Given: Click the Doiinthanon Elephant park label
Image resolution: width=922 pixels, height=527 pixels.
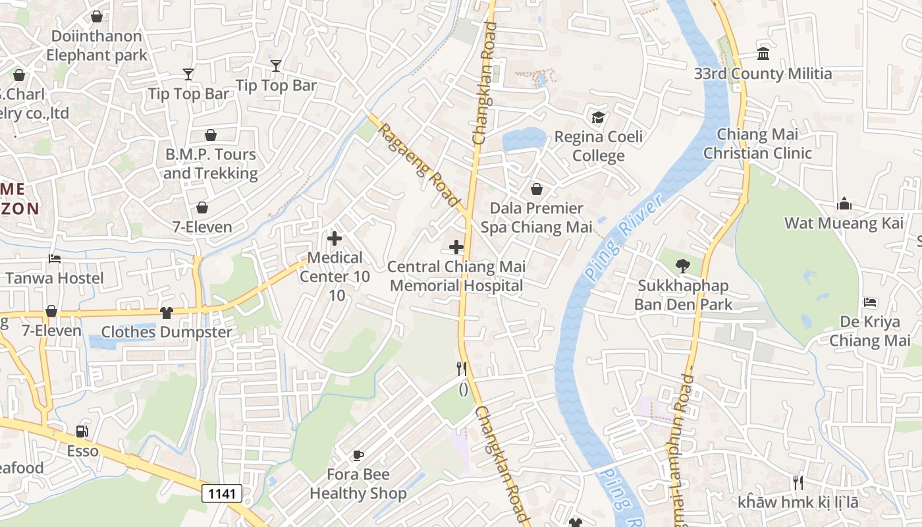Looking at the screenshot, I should pyautogui.click(x=97, y=45).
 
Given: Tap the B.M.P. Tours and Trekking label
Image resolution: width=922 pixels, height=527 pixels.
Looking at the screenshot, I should pyautogui.click(x=210, y=164).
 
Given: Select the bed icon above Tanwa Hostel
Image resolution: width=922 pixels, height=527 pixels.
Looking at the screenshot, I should pyautogui.click(x=55, y=259).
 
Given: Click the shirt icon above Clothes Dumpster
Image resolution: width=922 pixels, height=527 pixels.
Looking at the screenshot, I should pyautogui.click(x=166, y=313).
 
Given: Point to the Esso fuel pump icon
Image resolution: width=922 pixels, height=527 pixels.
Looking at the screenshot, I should pyautogui.click(x=82, y=431).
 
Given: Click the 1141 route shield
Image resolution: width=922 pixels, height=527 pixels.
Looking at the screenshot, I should pyautogui.click(x=222, y=493).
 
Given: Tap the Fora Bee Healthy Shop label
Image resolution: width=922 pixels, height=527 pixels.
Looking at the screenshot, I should pyautogui.click(x=358, y=484).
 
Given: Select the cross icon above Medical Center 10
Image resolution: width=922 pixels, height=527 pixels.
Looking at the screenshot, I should pyautogui.click(x=335, y=238).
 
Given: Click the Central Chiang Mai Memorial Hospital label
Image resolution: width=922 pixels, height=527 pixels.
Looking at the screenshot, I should pyautogui.click(x=456, y=276).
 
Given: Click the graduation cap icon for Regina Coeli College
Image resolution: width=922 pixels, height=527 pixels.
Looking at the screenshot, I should pyautogui.click(x=598, y=118).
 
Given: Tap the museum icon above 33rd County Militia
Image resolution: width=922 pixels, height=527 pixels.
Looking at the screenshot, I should pyautogui.click(x=763, y=53).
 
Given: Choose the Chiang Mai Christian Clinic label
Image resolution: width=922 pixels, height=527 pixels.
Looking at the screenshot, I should pyautogui.click(x=757, y=144).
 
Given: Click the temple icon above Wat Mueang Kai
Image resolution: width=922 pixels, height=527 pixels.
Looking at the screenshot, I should pyautogui.click(x=844, y=204).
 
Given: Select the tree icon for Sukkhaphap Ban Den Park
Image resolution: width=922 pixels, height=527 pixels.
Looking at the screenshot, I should pyautogui.click(x=683, y=266).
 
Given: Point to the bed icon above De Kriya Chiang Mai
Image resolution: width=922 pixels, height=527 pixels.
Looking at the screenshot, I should pyautogui.click(x=870, y=302).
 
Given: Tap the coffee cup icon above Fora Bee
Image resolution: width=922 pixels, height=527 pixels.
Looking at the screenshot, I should pyautogui.click(x=358, y=455).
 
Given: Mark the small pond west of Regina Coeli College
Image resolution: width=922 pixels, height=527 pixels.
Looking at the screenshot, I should pyautogui.click(x=524, y=139).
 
